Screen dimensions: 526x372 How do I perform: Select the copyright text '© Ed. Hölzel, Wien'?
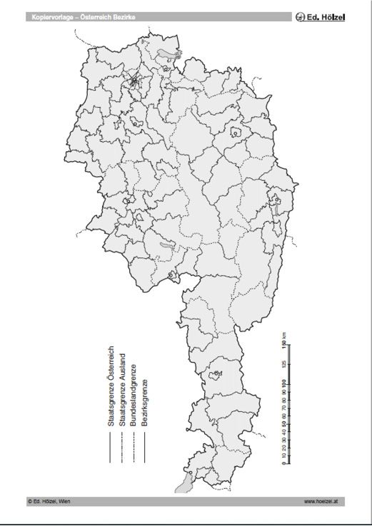click(x=53, y=501)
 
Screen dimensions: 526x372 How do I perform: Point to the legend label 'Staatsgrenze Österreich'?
click(x=111, y=386)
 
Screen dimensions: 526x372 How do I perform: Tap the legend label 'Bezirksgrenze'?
click(x=144, y=403)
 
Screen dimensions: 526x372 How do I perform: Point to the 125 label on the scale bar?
click(x=284, y=364)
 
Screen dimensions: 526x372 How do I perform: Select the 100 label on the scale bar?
click(x=284, y=386)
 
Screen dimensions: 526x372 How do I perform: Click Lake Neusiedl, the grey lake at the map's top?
click(x=166, y=53)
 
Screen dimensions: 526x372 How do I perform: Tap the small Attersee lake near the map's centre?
click(x=166, y=244)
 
